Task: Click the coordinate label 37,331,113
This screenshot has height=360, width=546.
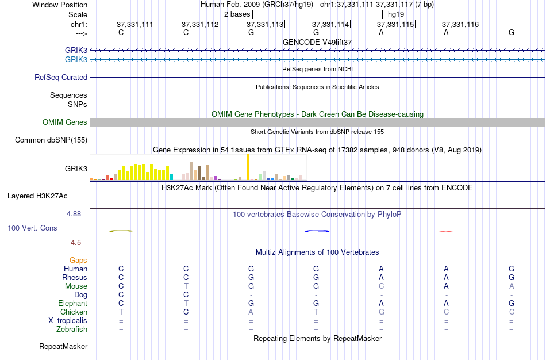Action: coord(265,25)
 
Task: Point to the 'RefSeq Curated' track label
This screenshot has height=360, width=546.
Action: coord(61,77)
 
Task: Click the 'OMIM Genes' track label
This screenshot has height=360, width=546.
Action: coord(65,122)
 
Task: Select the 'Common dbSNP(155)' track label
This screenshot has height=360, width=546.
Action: coord(51,140)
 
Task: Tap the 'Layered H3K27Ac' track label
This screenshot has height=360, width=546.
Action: coord(37,196)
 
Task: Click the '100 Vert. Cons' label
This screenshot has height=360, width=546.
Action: coord(32,228)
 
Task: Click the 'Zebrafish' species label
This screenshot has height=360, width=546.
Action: coord(72,330)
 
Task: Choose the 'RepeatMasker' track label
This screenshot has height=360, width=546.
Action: coord(63,347)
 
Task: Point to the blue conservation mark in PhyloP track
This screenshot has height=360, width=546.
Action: coord(317,231)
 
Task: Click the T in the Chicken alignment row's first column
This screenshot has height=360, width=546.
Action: coord(121,312)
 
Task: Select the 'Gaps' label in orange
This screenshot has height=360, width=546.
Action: coord(78,260)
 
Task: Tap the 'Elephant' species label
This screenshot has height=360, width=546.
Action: coord(72,303)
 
